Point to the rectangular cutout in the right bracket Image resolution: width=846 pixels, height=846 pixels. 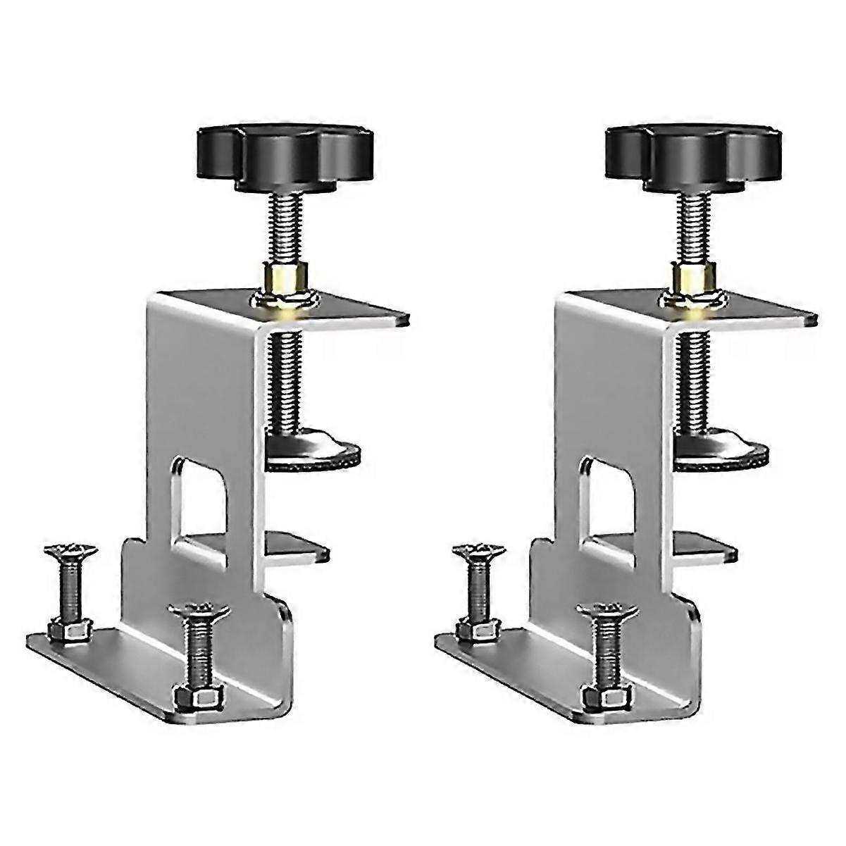[x=609, y=493]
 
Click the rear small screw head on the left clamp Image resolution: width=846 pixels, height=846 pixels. [x=69, y=551]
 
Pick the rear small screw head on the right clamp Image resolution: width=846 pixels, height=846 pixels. [x=478, y=551]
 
